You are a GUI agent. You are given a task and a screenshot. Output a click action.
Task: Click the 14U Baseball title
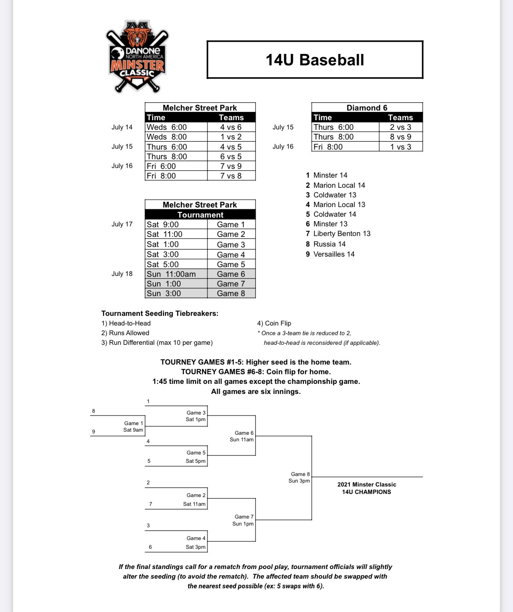coord(315,60)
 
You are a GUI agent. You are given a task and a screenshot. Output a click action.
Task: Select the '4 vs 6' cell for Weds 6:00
coord(231,127)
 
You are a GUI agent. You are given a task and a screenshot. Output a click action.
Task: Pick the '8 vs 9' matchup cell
coord(400,137)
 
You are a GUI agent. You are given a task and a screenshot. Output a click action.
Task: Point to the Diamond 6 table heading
coord(367,108)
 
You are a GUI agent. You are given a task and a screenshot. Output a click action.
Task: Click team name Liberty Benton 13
coord(342,234)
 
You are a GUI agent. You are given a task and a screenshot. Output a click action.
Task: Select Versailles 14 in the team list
coord(334,254)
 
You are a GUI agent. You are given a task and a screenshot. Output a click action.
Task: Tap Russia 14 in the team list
coord(329,244)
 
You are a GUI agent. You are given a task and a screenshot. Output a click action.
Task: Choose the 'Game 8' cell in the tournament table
coord(231,293)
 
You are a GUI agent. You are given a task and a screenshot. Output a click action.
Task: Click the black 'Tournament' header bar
coord(200,215)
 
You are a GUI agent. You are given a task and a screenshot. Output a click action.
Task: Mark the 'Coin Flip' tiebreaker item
coord(274,323)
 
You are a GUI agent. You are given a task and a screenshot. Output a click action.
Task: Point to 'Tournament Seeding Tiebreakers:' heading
coord(160,313)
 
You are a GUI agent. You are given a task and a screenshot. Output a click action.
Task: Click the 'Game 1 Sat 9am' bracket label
coord(133,426)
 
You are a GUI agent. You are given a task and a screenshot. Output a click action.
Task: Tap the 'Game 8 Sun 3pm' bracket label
coord(300,477)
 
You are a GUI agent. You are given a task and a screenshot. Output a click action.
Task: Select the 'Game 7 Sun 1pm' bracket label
coord(243,520)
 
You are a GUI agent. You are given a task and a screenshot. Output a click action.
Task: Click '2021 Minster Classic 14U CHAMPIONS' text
coord(367,488)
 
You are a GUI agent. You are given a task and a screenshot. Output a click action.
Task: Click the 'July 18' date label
coord(122,274)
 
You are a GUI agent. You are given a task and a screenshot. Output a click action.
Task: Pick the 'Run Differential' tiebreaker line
coord(157,343)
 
